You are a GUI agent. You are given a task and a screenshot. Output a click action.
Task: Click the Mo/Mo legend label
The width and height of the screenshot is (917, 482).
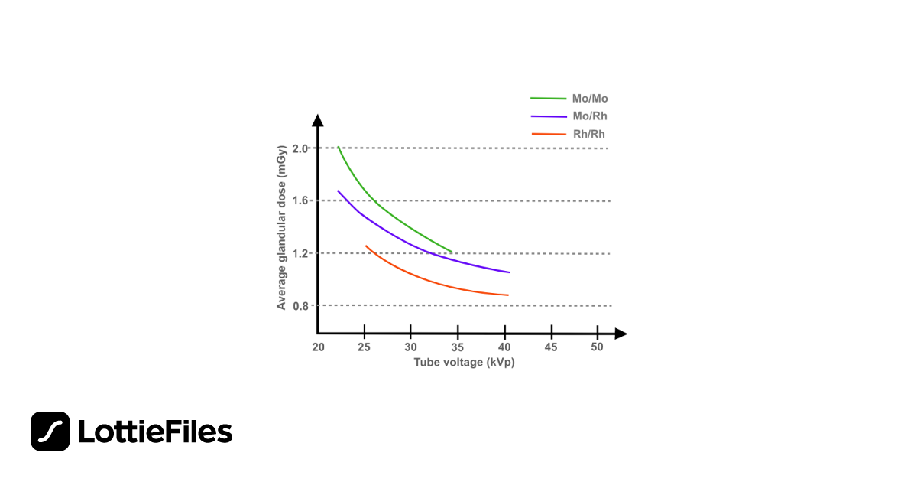(x=590, y=99)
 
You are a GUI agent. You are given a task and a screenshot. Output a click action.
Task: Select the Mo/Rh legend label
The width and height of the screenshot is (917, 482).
(x=590, y=116)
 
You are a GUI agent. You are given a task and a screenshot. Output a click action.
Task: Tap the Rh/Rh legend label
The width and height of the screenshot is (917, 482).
(x=590, y=134)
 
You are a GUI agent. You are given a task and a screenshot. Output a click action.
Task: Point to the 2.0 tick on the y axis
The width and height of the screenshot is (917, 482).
(x=301, y=148)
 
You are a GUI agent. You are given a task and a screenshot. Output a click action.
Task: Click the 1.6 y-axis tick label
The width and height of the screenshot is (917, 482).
(x=301, y=200)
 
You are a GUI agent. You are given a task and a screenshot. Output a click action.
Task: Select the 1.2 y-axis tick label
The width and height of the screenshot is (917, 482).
(x=301, y=253)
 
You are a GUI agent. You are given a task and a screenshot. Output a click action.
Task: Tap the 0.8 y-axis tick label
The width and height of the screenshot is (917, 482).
(x=301, y=306)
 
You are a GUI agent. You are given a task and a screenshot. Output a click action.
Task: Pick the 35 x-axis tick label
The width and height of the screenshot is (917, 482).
(x=458, y=347)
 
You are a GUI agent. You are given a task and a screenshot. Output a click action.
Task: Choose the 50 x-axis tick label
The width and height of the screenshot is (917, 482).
(x=598, y=347)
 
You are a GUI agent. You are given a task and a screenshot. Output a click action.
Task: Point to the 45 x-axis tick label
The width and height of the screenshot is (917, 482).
(x=551, y=347)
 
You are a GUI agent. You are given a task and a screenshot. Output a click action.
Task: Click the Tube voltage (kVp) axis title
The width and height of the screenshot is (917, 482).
(x=464, y=363)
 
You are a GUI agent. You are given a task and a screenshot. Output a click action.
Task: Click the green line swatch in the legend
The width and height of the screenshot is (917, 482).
(x=547, y=99)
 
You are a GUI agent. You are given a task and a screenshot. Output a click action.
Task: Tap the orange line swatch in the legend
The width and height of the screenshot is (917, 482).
(x=547, y=134)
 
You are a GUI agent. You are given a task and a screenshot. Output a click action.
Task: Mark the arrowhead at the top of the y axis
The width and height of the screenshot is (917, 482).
(x=318, y=120)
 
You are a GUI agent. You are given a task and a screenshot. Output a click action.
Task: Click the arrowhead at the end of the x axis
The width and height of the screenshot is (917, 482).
(x=621, y=334)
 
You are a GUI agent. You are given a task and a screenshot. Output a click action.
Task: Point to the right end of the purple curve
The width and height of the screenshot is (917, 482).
(x=509, y=272)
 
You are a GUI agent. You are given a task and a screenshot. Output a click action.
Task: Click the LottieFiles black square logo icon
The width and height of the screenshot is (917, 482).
(x=50, y=432)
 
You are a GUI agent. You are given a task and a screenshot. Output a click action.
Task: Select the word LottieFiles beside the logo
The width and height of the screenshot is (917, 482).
(x=155, y=432)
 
